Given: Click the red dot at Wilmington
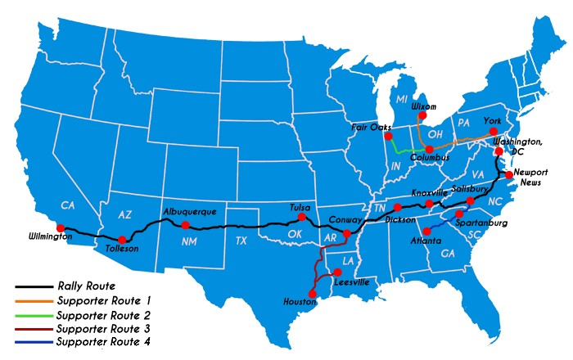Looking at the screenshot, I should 59,228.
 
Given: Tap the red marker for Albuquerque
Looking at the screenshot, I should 185,225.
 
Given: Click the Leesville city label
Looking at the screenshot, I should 351,281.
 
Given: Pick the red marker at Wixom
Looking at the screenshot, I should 421,116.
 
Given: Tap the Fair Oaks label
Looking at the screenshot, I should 369,127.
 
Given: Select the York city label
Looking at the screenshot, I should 491,121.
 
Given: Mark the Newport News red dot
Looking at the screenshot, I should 508,174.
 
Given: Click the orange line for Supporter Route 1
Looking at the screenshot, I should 33,301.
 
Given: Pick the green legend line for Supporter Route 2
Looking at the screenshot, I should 33,315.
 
